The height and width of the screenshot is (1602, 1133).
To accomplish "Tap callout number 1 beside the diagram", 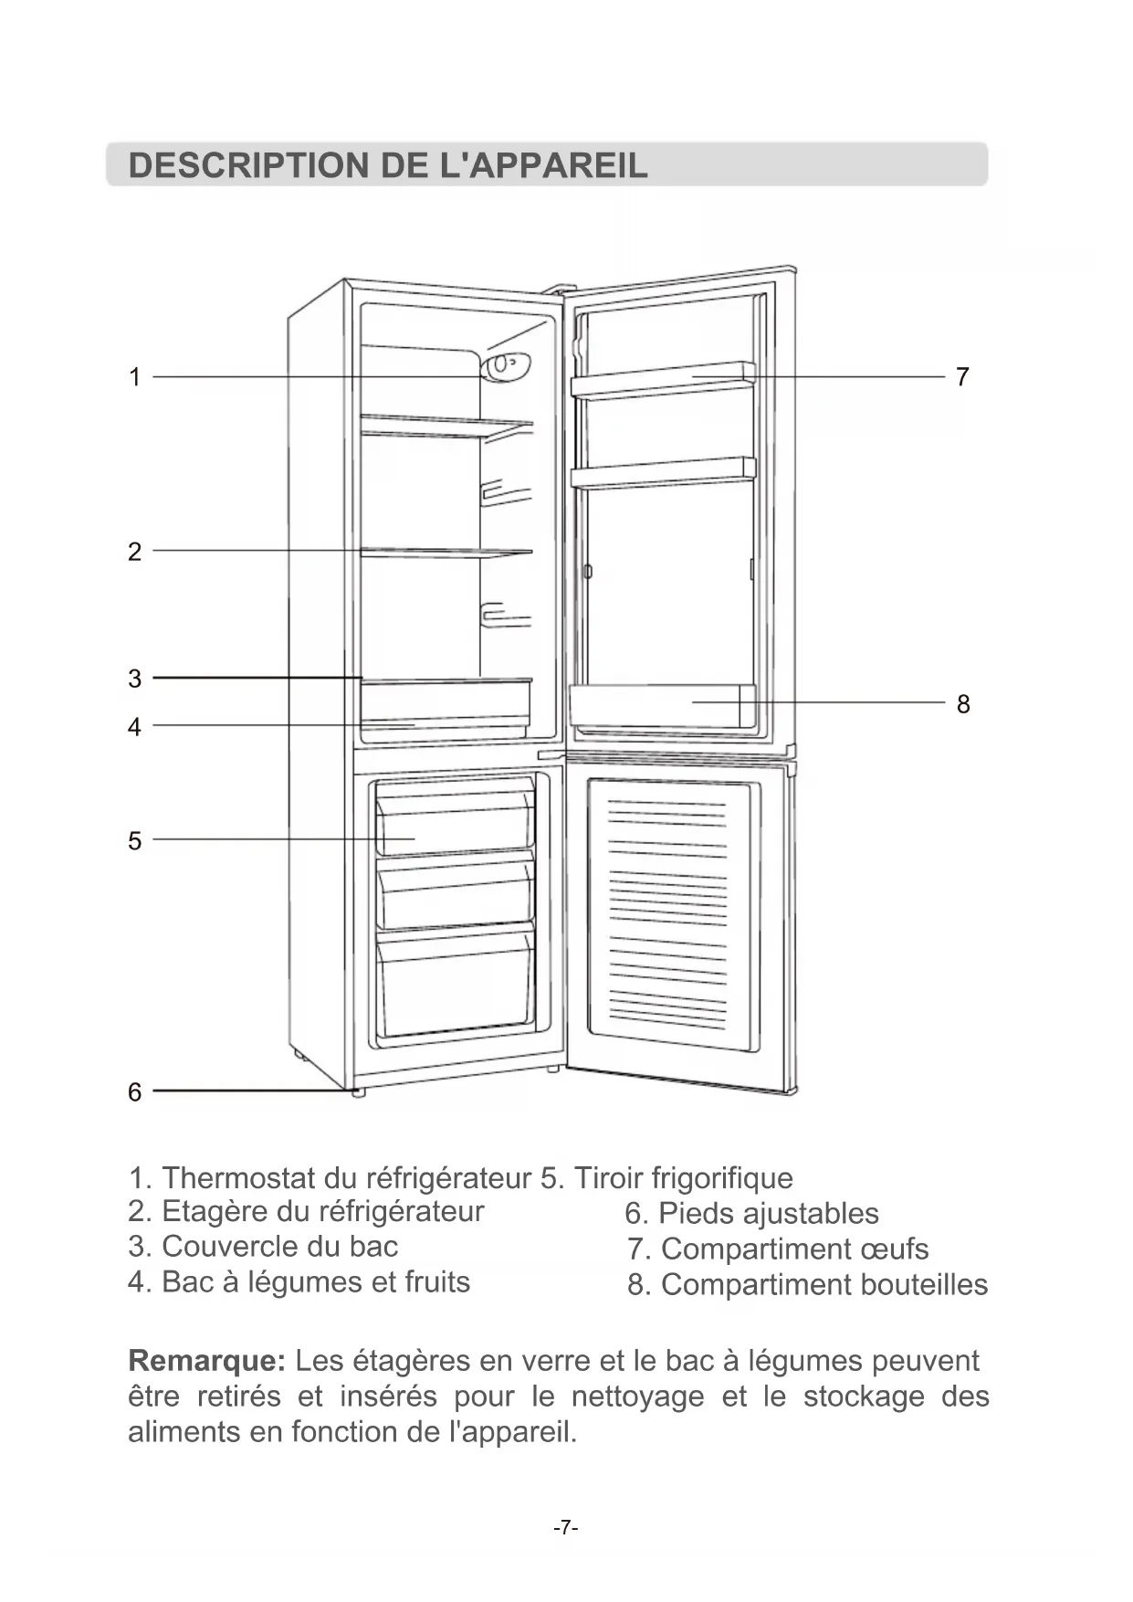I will point(135,377).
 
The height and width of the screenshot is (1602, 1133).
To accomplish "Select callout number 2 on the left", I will point(135,552).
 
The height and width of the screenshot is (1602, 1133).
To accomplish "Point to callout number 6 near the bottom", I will point(135,1091).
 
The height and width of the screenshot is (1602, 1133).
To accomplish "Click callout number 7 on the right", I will point(962,376).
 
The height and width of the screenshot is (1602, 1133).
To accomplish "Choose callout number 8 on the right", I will point(963,704).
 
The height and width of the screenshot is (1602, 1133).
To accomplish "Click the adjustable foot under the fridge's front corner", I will point(358,1091).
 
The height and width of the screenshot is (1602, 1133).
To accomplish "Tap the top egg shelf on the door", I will point(663,380).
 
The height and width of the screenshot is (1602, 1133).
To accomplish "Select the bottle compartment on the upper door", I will point(662,706).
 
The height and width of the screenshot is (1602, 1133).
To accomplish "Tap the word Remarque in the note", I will point(207,1361).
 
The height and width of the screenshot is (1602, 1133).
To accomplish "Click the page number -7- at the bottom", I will point(566,1527).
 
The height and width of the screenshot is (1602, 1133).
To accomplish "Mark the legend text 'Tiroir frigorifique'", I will point(683,1178).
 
